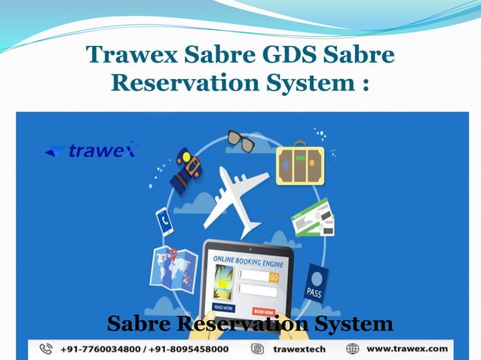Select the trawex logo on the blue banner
[x=93, y=150]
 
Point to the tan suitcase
[x=299, y=163]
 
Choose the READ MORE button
[x=224, y=308]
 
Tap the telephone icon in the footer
[x=47, y=349]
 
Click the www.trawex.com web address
[x=407, y=349]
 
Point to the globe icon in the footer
[x=353, y=349]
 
